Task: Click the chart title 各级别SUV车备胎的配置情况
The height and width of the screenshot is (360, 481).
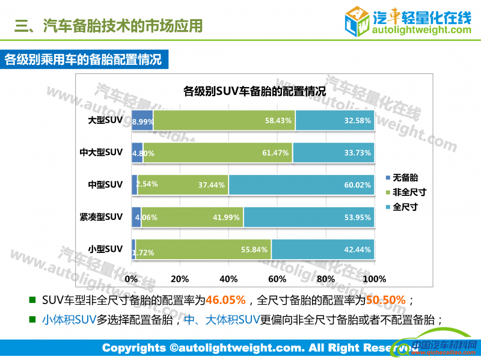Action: pos(254,92)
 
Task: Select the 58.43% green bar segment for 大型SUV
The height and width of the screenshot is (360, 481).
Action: pos(224,120)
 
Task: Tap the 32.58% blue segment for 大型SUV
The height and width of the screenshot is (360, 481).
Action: pos(335,120)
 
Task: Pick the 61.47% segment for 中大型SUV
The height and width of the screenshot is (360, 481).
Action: pos(218,153)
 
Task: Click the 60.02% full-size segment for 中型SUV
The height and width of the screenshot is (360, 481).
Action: pos(301,185)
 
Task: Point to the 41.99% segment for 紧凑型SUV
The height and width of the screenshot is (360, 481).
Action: pos(192,217)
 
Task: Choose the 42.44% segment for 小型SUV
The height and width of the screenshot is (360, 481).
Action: pos(323,249)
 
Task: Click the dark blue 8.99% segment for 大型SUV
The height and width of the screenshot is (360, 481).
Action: pos(142,120)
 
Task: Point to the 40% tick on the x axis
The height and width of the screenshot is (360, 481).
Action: pos(228,279)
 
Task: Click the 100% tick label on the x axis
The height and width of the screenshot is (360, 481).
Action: pos(375,279)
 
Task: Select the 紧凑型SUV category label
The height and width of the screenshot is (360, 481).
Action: pos(101,216)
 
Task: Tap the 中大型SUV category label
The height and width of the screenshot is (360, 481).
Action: pos(101,153)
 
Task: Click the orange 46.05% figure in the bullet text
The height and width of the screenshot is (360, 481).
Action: pos(225,300)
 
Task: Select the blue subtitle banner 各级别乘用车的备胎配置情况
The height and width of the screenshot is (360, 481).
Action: pos(84,60)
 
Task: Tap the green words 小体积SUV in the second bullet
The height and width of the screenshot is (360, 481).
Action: pos(69,319)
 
